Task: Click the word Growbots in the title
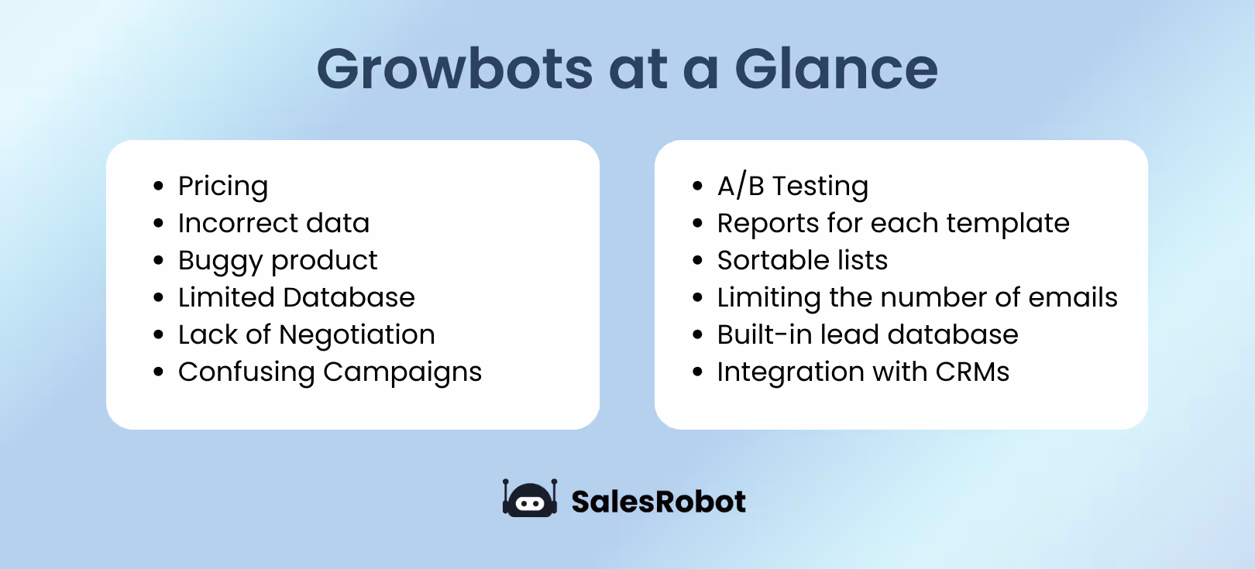[456, 70]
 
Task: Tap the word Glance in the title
[836, 70]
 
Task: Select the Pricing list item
[223, 187]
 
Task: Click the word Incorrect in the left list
[238, 223]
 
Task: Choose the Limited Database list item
[296, 297]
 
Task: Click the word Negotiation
[356, 335]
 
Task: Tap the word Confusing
[246, 372]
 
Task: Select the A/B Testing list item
[793, 187]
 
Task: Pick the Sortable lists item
[802, 260]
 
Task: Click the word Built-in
[764, 334]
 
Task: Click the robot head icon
[530, 499]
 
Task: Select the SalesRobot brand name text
[658, 502]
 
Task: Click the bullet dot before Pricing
[159, 187]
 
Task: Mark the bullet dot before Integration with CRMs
[698, 372]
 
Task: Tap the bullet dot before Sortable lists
[698, 261]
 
